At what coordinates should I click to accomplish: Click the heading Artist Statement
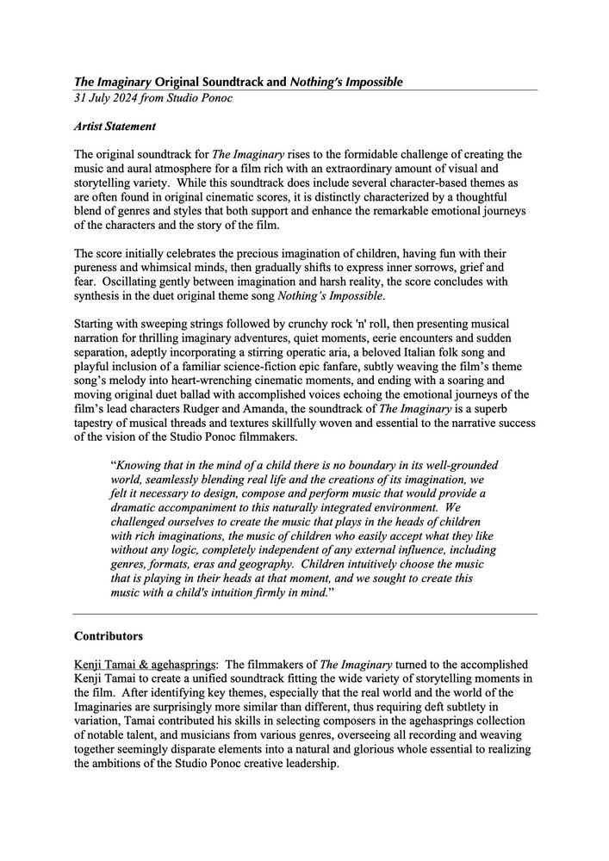tap(115, 127)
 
